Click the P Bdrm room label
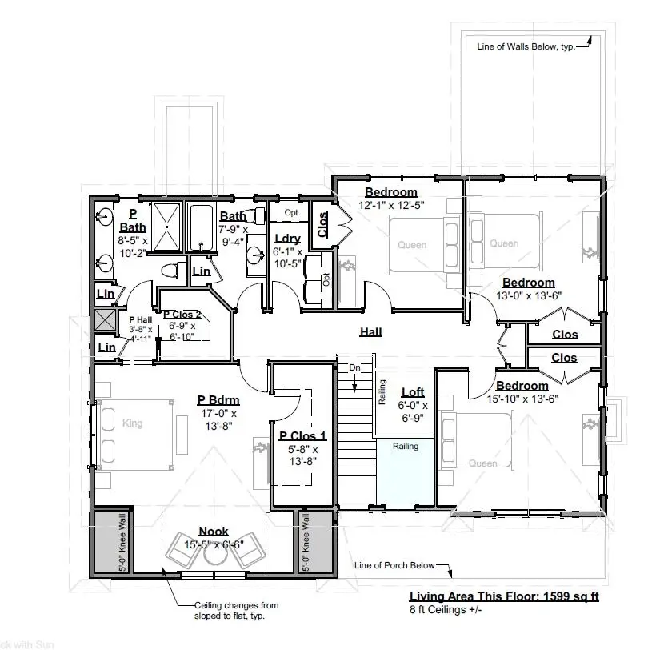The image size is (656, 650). [218, 400]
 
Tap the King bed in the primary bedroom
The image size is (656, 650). [133, 423]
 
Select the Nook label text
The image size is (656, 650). [214, 531]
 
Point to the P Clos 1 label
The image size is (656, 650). [302, 436]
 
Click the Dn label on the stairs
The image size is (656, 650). [355, 367]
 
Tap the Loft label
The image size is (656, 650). [413, 392]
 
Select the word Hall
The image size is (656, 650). [370, 331]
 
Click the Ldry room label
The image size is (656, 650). [286, 239]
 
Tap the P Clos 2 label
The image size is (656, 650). [182, 315]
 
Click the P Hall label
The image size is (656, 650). [141, 319]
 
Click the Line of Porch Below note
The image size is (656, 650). [394, 565]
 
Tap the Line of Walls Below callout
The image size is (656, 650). [526, 46]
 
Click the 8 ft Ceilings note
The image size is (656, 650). [446, 610]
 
